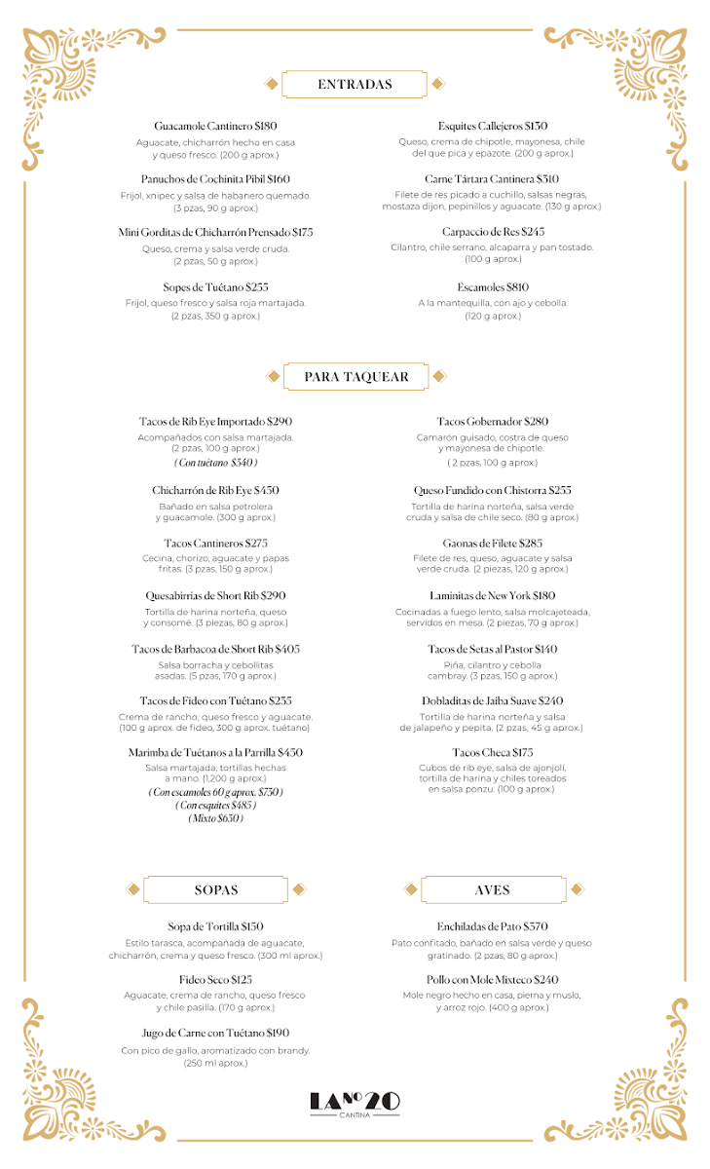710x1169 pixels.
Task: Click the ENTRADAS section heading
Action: coord(355,85)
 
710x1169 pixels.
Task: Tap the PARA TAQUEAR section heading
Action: coord(356,377)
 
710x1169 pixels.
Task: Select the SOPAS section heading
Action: coord(216,889)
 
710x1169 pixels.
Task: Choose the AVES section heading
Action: coord(493,889)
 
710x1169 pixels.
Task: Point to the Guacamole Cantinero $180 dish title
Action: coord(215,127)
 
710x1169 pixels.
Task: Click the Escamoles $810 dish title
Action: coord(493,287)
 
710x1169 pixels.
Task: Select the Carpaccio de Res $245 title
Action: coord(493,233)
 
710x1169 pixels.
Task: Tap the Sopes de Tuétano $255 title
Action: coord(215,287)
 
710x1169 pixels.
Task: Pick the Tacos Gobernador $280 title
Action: coord(493,422)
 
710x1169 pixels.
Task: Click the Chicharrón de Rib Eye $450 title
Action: coord(215,490)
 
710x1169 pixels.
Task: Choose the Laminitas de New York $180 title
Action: coord(493,596)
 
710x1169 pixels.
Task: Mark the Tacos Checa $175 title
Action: coord(493,753)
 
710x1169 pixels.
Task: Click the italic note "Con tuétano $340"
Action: coord(216,463)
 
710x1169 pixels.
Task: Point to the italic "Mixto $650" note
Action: coord(216,818)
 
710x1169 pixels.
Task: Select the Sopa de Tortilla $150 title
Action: coord(215,927)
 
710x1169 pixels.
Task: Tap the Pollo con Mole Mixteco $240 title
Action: coord(493,980)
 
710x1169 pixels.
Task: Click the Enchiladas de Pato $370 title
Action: coord(493,927)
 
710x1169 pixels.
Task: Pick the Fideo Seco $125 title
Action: coord(215,980)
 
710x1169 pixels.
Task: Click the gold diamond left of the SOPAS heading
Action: coord(133,889)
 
